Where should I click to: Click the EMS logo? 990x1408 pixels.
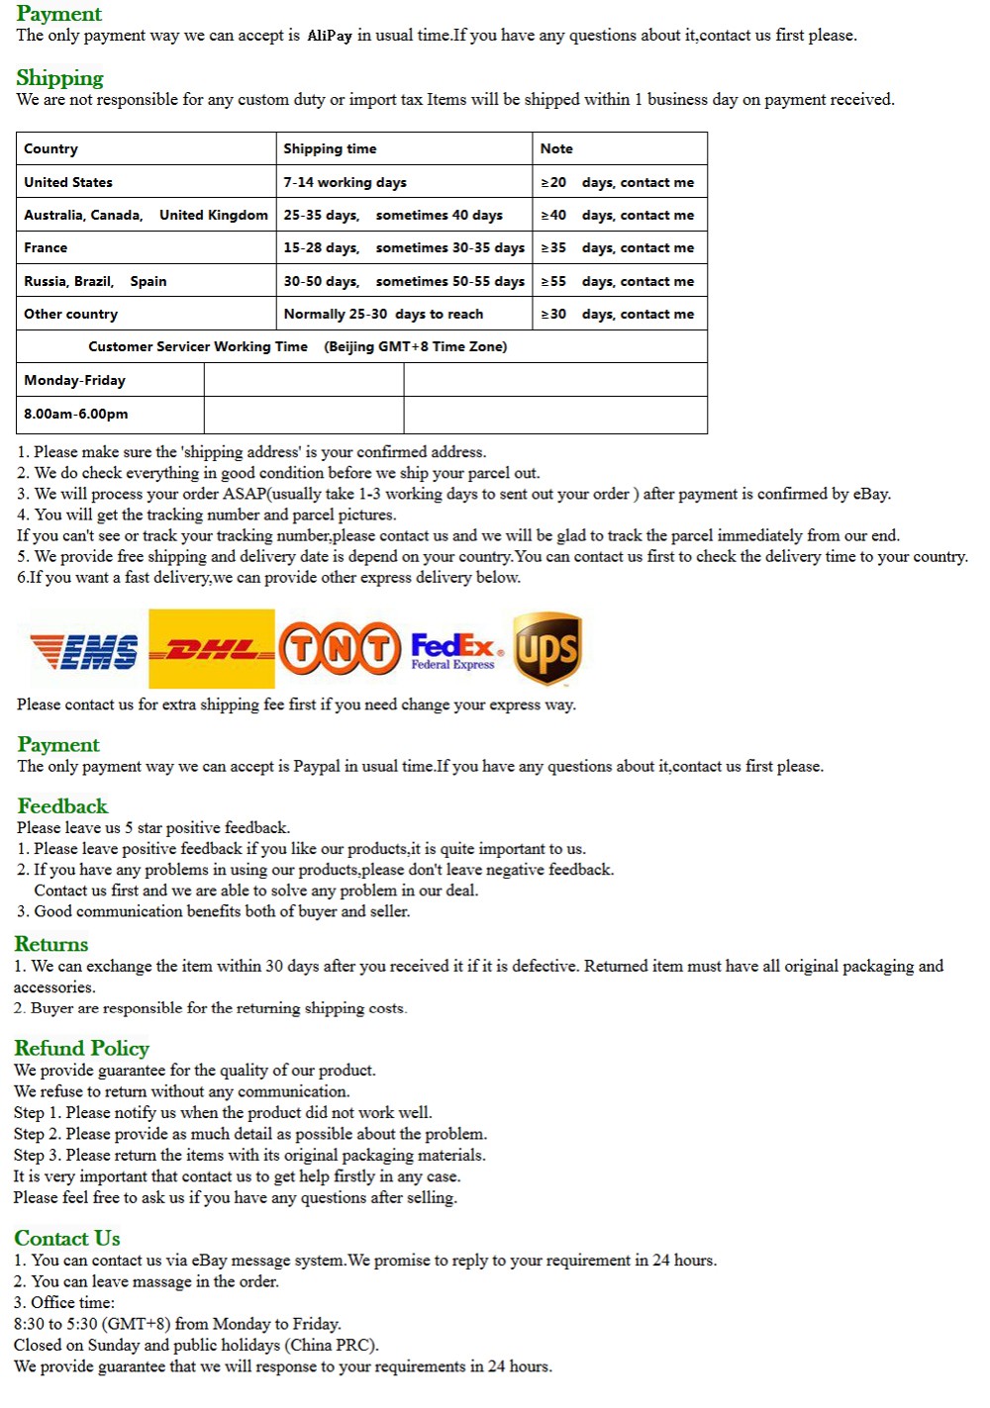pyautogui.click(x=84, y=651)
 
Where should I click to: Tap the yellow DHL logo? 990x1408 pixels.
pyautogui.click(x=211, y=649)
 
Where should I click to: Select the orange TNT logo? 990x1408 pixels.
pyautogui.click(x=340, y=649)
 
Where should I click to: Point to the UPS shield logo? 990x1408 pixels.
pyautogui.click(x=546, y=648)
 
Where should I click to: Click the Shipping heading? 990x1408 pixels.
pyautogui.click(x=59, y=78)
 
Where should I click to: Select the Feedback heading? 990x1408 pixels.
pyautogui.click(x=62, y=806)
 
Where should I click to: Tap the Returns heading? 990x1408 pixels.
pyautogui.click(x=51, y=944)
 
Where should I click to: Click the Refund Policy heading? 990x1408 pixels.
pyautogui.click(x=81, y=1048)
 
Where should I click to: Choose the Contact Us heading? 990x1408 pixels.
pyautogui.click(x=67, y=1238)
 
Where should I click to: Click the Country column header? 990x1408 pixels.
pyautogui.click(x=50, y=148)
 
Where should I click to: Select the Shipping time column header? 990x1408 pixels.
pyautogui.click(x=330, y=148)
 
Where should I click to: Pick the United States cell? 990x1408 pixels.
pyautogui.click(x=68, y=182)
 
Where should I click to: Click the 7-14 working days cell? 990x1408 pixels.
pyautogui.click(x=345, y=182)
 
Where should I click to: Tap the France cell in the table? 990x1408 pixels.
pyautogui.click(x=46, y=247)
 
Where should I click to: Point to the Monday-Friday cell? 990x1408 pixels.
pyautogui.click(x=75, y=380)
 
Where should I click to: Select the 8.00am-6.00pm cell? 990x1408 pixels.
pyautogui.click(x=76, y=414)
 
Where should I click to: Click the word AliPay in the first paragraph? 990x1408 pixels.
pyautogui.click(x=329, y=36)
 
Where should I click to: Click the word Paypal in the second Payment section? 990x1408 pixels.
pyautogui.click(x=317, y=766)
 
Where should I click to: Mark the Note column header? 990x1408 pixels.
pyautogui.click(x=556, y=148)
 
